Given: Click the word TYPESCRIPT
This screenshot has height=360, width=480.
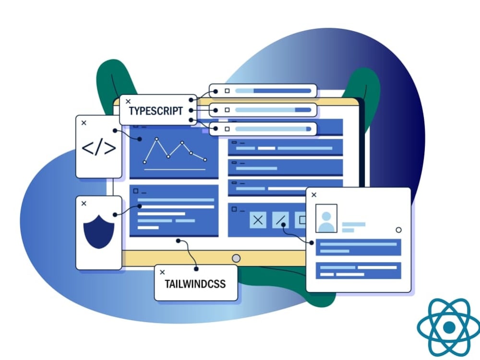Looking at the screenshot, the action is tap(156, 111).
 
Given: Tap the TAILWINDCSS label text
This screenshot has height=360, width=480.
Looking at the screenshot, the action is tap(195, 284).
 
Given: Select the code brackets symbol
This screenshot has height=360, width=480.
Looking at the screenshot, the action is tap(98, 148).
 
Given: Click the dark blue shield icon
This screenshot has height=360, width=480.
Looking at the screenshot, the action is tap(98, 232).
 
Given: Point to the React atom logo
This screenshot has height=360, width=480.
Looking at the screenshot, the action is tap(449, 327).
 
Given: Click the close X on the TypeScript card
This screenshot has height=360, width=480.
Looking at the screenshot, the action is tap(128, 101).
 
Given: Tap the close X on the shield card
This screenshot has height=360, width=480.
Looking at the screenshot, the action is tap(84, 204).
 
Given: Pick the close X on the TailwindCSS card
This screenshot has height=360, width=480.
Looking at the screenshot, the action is tap(163, 272).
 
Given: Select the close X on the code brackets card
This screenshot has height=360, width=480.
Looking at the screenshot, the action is tap(84, 123).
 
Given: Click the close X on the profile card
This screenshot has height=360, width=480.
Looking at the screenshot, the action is tap(314, 195).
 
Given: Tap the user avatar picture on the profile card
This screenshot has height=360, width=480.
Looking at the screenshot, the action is tap(326, 218).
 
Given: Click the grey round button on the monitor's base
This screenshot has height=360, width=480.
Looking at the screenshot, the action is tap(236, 258).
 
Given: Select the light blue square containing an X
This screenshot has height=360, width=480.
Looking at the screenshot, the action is tap(258, 220).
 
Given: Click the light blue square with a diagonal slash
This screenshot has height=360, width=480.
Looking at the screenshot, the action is tap(280, 220).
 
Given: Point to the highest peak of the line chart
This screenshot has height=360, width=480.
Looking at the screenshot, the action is tap(157, 139).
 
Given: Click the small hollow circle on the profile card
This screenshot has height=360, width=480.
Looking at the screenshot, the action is tap(398, 230).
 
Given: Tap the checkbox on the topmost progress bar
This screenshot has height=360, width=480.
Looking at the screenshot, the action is tap(227, 91).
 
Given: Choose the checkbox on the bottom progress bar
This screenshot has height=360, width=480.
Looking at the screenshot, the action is tap(227, 129).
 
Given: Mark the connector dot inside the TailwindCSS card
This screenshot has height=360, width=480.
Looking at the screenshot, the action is tap(196, 269).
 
